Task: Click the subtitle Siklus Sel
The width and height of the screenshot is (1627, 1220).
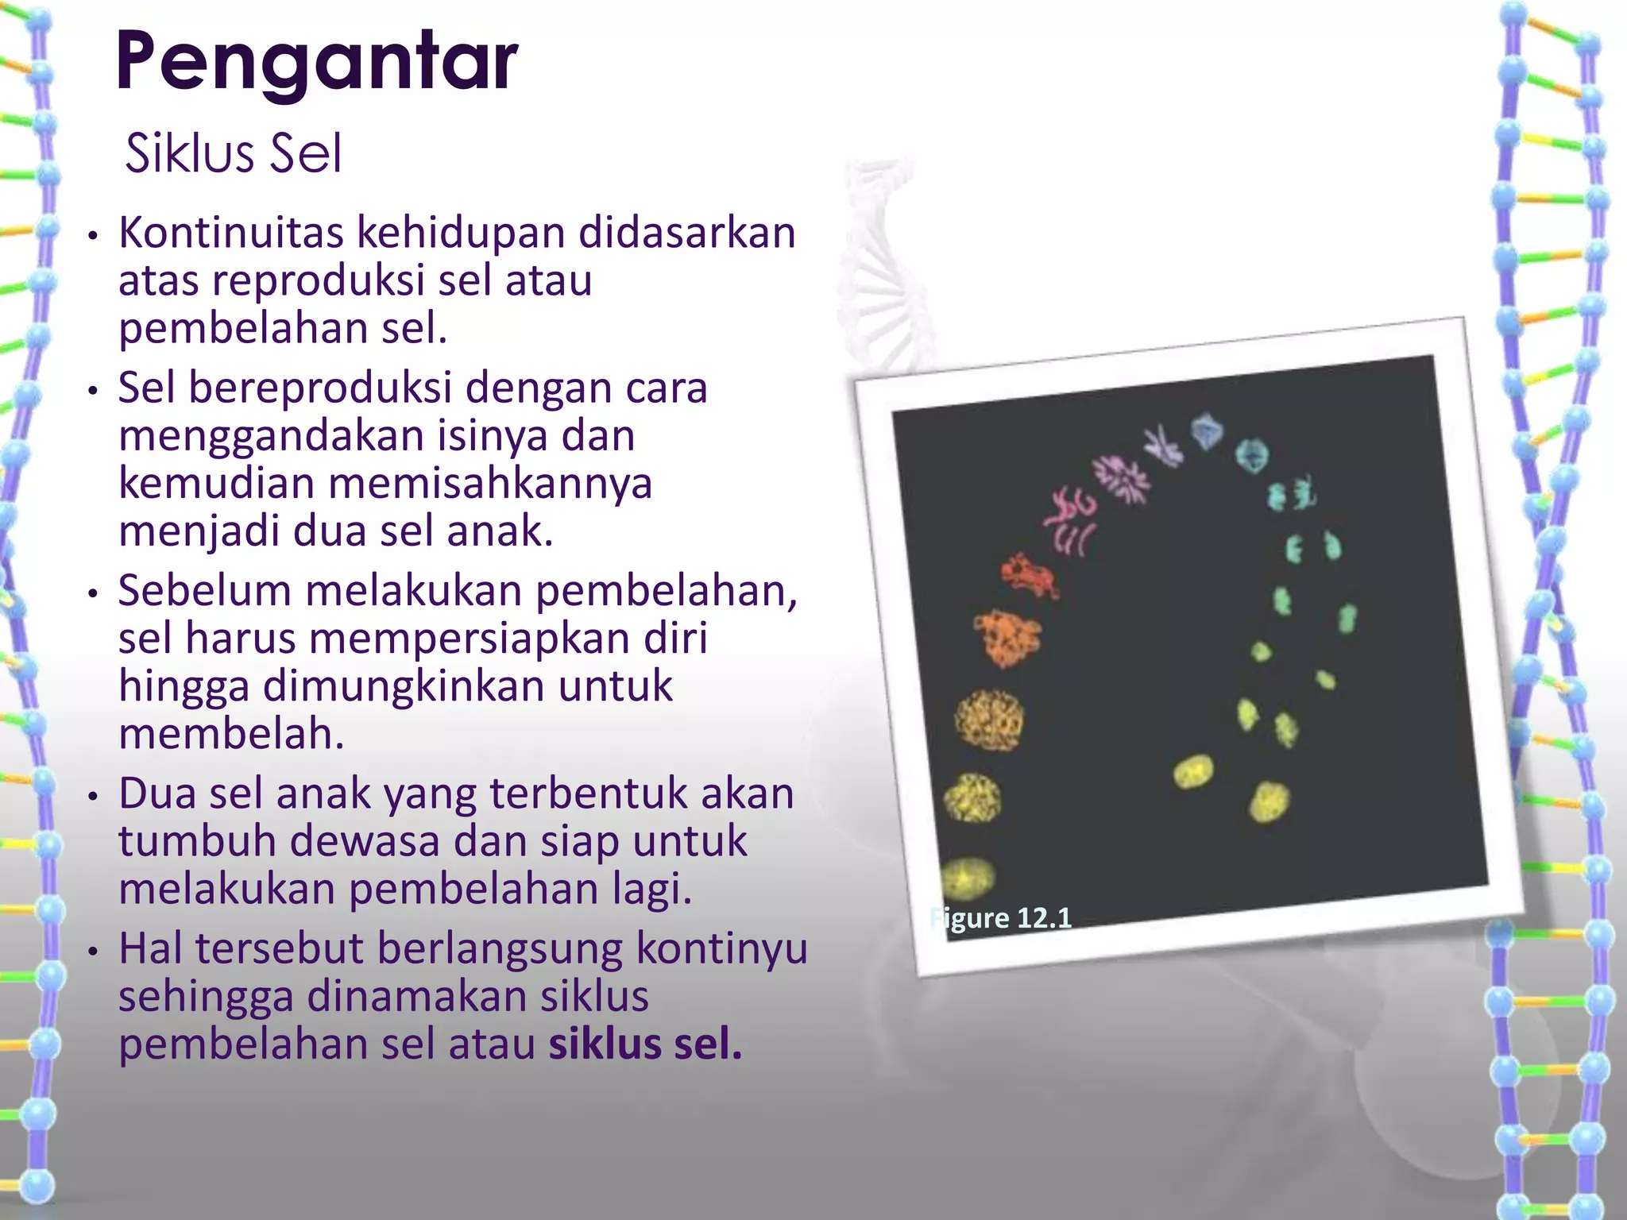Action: point(233,153)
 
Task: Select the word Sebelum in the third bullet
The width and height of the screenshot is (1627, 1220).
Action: point(204,591)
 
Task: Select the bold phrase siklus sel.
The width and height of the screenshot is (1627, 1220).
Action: point(644,1044)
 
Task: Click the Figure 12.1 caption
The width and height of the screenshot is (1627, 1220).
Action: point(1001,918)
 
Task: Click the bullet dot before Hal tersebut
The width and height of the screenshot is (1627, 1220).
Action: point(93,951)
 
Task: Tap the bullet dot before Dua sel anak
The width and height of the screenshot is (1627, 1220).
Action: point(93,796)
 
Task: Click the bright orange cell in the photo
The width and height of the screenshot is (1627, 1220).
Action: point(1007,636)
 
